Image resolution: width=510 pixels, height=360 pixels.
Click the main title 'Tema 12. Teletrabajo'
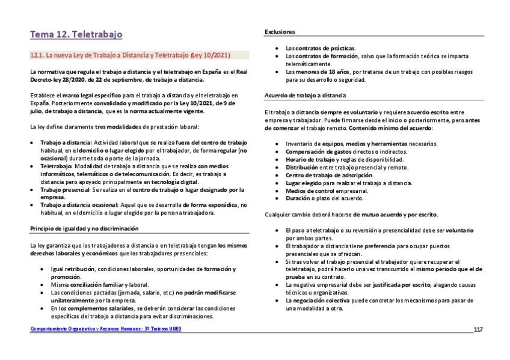coord(76,34)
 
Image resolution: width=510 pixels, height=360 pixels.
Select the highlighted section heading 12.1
coord(131,55)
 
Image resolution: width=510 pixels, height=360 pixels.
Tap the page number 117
coord(478,329)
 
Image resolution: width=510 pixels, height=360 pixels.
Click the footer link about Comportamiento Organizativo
coord(105,329)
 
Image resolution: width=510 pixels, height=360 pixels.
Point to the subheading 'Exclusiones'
coord(280,32)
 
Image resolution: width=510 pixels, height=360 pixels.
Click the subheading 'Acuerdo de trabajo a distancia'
coord(305,96)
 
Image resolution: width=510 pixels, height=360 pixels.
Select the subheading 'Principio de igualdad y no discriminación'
coord(84,228)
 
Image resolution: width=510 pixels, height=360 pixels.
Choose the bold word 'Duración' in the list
coord(298,198)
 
